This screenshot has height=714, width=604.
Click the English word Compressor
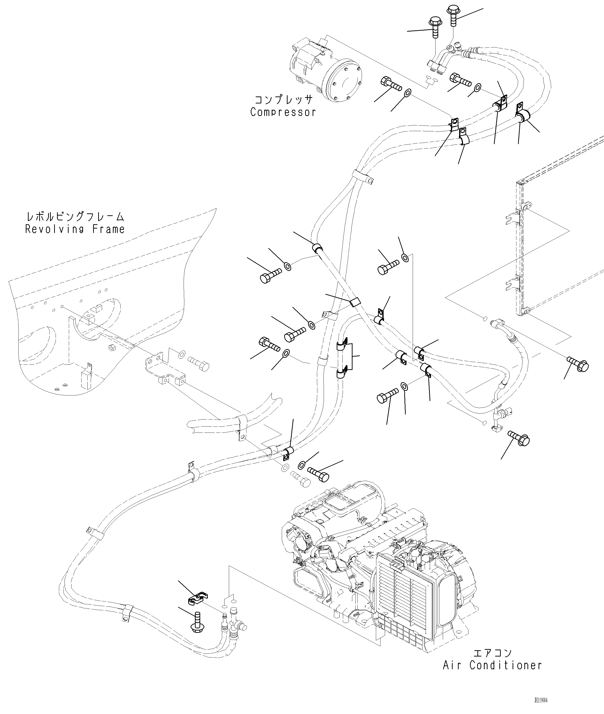click(283, 112)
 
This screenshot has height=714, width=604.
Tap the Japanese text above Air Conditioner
click(492, 653)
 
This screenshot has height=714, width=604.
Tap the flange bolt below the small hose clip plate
click(197, 625)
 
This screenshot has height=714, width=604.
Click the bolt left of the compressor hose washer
click(390, 83)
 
